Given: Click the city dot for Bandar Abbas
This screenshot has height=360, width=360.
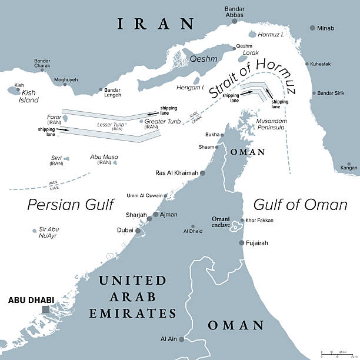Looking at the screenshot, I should click(234, 21).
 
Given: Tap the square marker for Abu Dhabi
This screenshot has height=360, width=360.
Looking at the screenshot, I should click(46, 309).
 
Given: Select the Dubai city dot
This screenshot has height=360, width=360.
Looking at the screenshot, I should click(138, 231).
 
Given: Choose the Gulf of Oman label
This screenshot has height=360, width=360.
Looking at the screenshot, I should click(300, 204).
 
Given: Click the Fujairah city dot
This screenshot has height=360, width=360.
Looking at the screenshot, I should click(241, 242).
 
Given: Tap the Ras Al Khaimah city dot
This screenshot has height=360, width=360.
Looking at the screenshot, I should click(203, 173).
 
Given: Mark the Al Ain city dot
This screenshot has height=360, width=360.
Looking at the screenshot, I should click(182, 339).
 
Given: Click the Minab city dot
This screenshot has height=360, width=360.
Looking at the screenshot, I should click(311, 28).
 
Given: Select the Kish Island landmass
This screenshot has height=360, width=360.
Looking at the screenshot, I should click(14, 91).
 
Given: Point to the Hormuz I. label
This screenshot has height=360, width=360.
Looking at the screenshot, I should click(272, 35).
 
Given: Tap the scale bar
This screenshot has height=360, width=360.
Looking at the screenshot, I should click(338, 355).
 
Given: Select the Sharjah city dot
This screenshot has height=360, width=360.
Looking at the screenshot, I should click(155, 215).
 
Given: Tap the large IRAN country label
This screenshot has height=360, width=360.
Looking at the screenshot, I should click(155, 24).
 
